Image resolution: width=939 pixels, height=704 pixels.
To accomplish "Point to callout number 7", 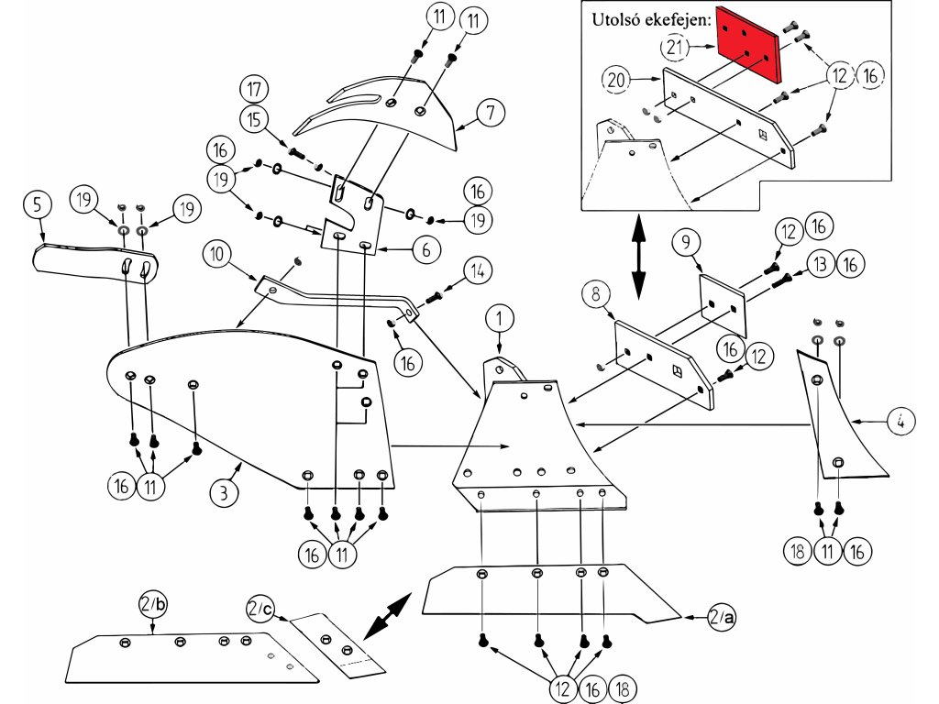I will click(x=491, y=114).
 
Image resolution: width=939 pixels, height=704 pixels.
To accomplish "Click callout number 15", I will click(x=254, y=118).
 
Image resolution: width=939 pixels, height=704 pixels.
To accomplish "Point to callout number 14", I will click(x=477, y=272).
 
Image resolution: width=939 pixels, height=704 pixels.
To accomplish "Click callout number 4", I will click(x=901, y=423).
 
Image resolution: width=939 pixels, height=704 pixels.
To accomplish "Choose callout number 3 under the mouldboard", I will click(x=223, y=492).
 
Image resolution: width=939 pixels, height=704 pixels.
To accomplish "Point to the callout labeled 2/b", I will click(x=152, y=606).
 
